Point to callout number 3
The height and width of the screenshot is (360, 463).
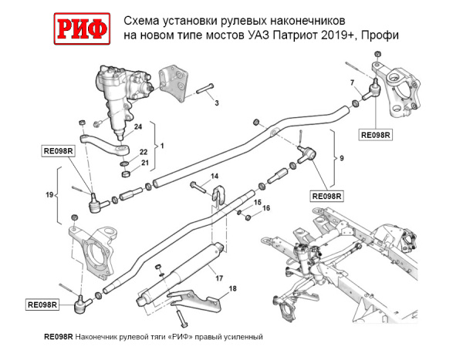pyautogui.click(x=216, y=103)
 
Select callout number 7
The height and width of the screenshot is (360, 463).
pyautogui.click(x=351, y=82)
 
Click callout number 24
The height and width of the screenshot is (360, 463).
pyautogui.click(x=138, y=126)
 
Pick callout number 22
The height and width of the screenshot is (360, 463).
pyautogui.click(x=143, y=153)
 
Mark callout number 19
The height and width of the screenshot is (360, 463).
pyautogui.click(x=48, y=196)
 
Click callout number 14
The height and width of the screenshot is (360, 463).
pyautogui.click(x=215, y=177)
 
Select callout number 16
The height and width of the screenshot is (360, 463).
pyautogui.click(x=266, y=208)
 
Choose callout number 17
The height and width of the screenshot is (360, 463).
pyautogui.click(x=219, y=278)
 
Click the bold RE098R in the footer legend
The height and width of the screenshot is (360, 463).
pyautogui.click(x=59, y=337)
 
